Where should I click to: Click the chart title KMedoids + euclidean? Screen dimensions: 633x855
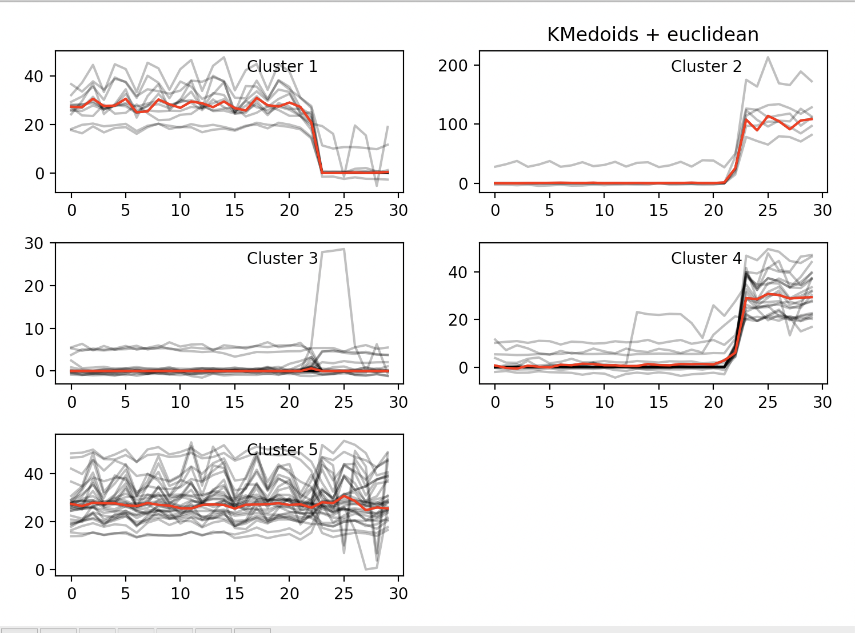(x=653, y=35)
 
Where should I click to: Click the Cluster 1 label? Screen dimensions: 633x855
(x=282, y=67)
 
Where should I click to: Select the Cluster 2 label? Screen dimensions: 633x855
(x=706, y=67)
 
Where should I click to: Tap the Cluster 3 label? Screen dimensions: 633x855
(x=282, y=259)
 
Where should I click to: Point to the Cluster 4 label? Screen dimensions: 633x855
(x=706, y=259)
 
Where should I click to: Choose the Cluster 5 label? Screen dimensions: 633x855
(x=282, y=450)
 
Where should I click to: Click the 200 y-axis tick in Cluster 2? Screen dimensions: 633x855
(x=453, y=66)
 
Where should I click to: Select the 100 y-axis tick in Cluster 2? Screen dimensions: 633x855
(x=453, y=125)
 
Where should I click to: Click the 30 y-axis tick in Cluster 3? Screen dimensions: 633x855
(x=34, y=243)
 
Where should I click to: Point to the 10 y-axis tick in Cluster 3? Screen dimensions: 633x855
(x=34, y=329)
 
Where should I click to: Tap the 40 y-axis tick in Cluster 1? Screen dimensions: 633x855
(x=34, y=77)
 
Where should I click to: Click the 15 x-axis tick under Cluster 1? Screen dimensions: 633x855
(x=234, y=211)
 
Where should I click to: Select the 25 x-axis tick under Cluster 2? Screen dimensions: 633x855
(x=768, y=211)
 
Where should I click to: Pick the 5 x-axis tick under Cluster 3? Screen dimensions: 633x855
(x=125, y=403)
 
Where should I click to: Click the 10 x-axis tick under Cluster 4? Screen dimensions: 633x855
(x=604, y=403)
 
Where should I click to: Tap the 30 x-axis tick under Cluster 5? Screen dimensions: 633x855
(x=398, y=594)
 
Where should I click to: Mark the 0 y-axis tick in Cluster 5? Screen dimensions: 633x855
(x=39, y=570)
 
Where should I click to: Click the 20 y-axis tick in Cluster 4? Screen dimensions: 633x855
(x=458, y=320)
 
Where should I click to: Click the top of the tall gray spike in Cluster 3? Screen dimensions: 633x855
(x=343, y=249)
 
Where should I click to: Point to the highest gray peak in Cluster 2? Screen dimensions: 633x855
(x=768, y=57)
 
